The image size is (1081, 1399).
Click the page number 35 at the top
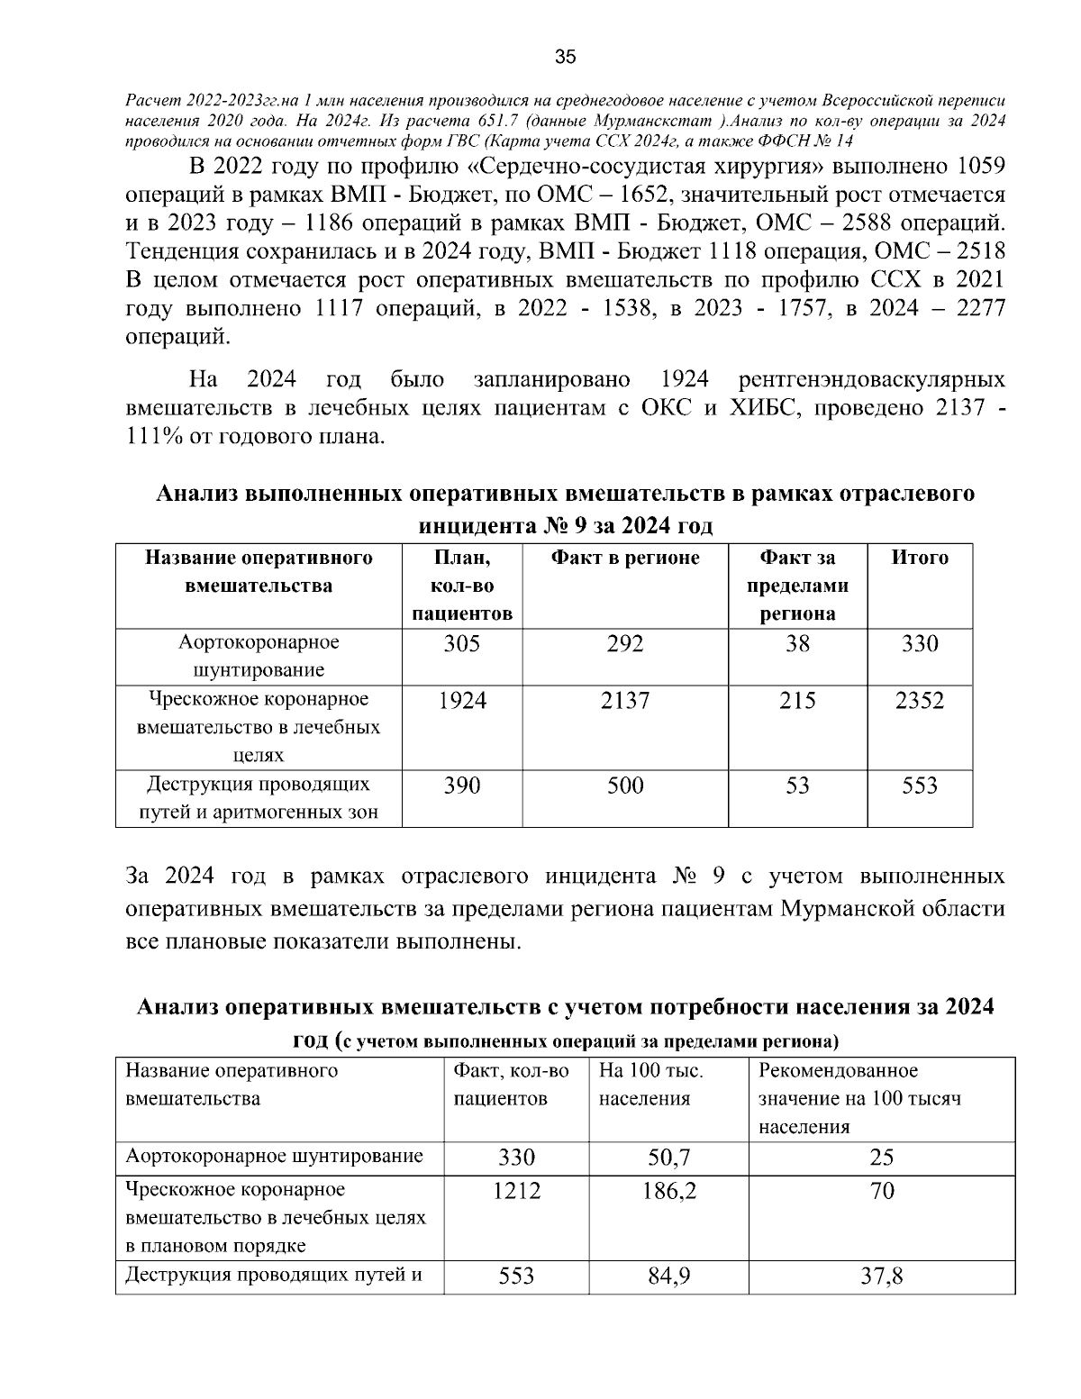(x=565, y=58)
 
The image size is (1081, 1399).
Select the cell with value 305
(x=461, y=644)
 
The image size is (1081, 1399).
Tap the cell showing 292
(x=624, y=644)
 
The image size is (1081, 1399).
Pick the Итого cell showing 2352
(x=919, y=701)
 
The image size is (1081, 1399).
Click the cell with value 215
(x=796, y=701)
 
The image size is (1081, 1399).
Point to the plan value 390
(x=461, y=786)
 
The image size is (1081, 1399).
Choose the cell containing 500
(x=624, y=786)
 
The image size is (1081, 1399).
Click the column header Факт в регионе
(x=624, y=558)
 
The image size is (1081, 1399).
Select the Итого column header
(x=919, y=558)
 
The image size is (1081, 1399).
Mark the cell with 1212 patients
(x=516, y=1191)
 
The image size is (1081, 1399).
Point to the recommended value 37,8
(x=881, y=1276)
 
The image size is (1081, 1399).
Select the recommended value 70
(x=882, y=1191)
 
